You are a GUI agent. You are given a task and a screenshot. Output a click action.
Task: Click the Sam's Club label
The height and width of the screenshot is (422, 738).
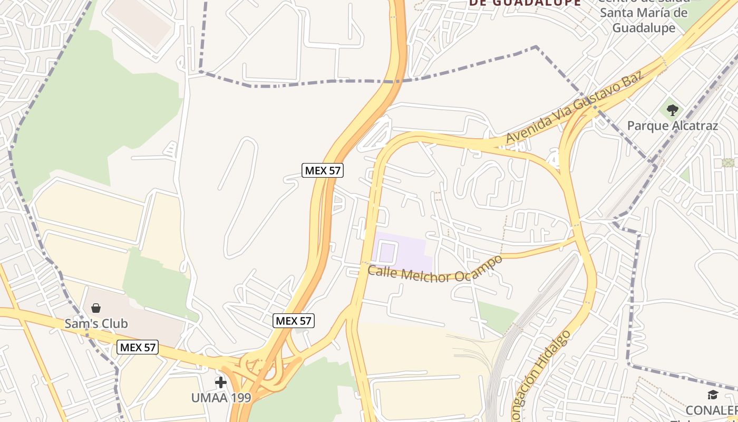[96, 323]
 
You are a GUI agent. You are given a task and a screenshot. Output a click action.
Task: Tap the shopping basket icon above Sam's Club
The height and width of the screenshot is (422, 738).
[96, 308]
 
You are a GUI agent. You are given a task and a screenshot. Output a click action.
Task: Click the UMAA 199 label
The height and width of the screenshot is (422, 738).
[221, 398]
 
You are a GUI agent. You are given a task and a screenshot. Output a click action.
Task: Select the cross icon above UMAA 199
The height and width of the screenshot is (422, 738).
[221, 382]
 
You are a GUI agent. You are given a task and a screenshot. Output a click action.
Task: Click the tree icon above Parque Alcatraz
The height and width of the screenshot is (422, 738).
[672, 110]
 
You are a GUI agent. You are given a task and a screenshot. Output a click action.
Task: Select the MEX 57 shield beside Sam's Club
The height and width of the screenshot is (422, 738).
[138, 347]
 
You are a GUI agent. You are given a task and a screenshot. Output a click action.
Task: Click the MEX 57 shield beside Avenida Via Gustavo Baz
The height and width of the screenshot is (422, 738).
[323, 170]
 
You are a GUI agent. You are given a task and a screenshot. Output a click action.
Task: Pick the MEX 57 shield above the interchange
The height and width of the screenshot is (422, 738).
[294, 320]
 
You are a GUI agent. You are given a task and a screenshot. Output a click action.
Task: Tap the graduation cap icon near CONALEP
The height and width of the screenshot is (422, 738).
[713, 395]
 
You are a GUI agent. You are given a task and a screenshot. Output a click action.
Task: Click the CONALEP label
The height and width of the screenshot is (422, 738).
[712, 410]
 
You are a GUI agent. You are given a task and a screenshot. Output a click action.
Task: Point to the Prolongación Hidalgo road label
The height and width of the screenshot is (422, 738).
[543, 375]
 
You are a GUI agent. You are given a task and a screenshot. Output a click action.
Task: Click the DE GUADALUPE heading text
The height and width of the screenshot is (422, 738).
[525, 3]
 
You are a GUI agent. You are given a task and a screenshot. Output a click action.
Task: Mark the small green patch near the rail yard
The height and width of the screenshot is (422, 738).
[498, 315]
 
